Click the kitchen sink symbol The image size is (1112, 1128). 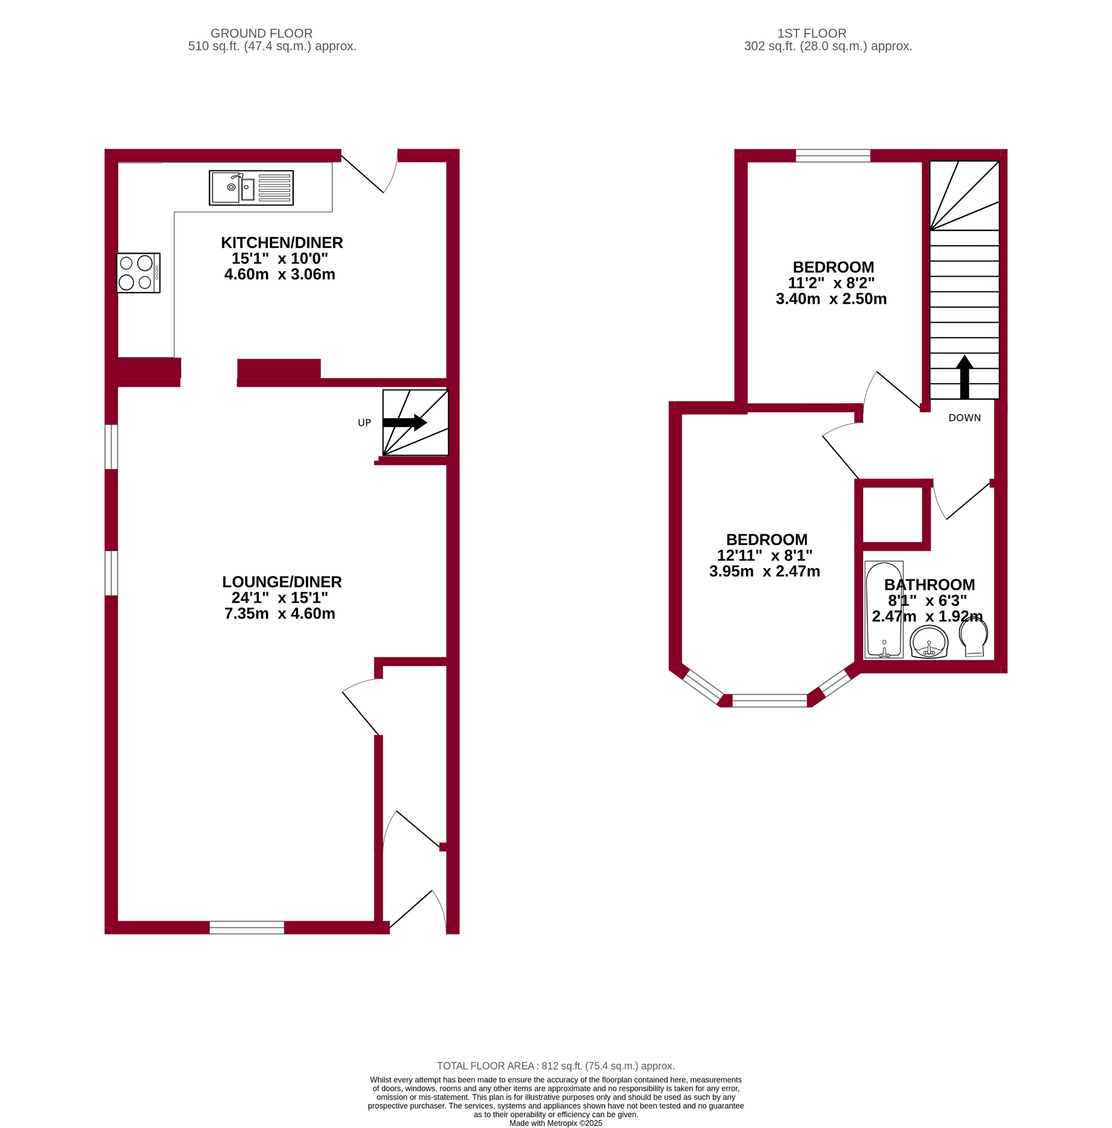click(x=251, y=188)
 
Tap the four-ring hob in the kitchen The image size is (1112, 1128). click(x=138, y=273)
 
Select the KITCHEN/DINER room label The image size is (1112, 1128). click(x=282, y=242)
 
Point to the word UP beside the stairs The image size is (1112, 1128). click(x=364, y=423)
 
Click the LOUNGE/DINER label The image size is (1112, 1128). click(x=282, y=581)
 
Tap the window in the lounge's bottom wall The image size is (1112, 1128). click(x=247, y=927)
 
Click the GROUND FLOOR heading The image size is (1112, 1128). click(x=261, y=33)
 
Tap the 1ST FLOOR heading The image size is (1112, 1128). click(x=811, y=33)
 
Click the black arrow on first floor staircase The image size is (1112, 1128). click(x=964, y=376)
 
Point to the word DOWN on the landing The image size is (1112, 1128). click(x=964, y=418)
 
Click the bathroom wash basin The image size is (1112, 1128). click(x=928, y=642)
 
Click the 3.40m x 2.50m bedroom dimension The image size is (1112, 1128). click(x=830, y=299)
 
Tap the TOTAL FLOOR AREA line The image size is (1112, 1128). click(x=556, y=1065)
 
